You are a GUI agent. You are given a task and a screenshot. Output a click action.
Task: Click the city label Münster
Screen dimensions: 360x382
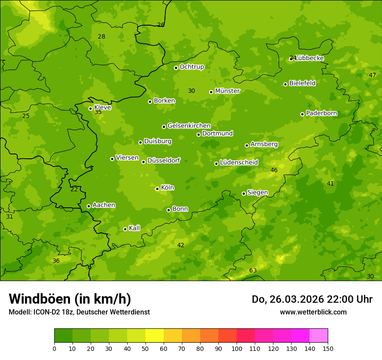pyautogui.click(x=227, y=91)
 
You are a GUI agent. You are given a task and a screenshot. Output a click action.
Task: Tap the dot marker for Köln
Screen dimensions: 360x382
pyautogui.click(x=157, y=189)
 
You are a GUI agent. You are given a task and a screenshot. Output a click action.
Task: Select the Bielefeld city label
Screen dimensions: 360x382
pyautogui.click(x=302, y=83)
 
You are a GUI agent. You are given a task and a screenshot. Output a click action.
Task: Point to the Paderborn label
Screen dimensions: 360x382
pyautogui.click(x=321, y=113)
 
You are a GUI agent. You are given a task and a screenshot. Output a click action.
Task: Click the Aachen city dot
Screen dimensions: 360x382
pyautogui.click(x=89, y=206)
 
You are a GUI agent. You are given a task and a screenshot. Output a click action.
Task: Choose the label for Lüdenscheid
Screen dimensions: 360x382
pyautogui.click(x=239, y=163)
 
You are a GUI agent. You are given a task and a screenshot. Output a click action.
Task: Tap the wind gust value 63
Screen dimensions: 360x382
pyautogui.click(x=253, y=271)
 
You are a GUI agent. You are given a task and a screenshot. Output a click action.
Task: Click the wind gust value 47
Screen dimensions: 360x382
pyautogui.click(x=372, y=75)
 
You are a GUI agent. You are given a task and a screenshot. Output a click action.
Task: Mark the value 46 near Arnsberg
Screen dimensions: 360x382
pyautogui.click(x=274, y=170)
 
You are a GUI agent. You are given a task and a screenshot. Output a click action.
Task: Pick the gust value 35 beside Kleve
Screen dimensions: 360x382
pyautogui.click(x=98, y=112)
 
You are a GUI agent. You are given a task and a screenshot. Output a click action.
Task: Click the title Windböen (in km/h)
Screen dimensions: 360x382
pyautogui.click(x=70, y=299)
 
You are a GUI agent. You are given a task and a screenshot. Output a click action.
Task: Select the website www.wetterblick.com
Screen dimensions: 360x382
pyautogui.click(x=313, y=312)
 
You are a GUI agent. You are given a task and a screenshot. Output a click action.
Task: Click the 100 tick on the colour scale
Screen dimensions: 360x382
pyautogui.click(x=237, y=348)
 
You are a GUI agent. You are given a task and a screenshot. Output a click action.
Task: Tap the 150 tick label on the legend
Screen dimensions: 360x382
pyautogui.click(x=328, y=348)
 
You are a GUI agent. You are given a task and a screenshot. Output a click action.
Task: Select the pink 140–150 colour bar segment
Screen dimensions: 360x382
pyautogui.click(x=319, y=336)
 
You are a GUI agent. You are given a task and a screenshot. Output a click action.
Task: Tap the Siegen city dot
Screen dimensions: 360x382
pyautogui.click(x=244, y=193)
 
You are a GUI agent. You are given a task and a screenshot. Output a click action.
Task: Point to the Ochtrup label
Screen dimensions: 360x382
pyautogui.click(x=191, y=67)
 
